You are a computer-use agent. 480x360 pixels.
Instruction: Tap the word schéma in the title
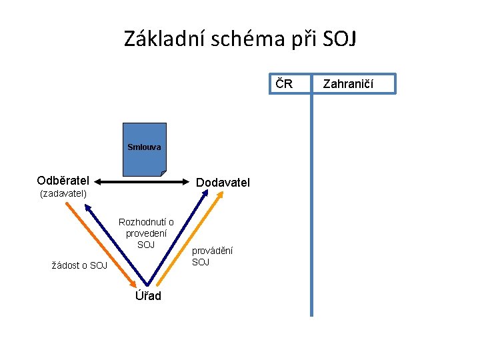point(247,39)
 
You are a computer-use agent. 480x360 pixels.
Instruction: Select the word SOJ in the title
point(339,39)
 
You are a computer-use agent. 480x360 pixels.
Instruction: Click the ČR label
point(285,84)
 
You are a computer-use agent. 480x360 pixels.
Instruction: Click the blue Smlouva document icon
point(144,150)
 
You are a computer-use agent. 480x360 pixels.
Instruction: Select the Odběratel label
point(63,181)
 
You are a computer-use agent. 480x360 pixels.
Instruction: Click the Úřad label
point(148,295)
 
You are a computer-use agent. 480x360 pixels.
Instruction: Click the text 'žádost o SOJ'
point(79,265)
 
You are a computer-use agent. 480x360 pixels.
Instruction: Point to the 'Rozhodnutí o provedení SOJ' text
point(146,233)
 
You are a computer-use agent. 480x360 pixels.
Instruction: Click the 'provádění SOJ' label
point(212,256)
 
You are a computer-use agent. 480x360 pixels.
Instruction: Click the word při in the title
point(304,40)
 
